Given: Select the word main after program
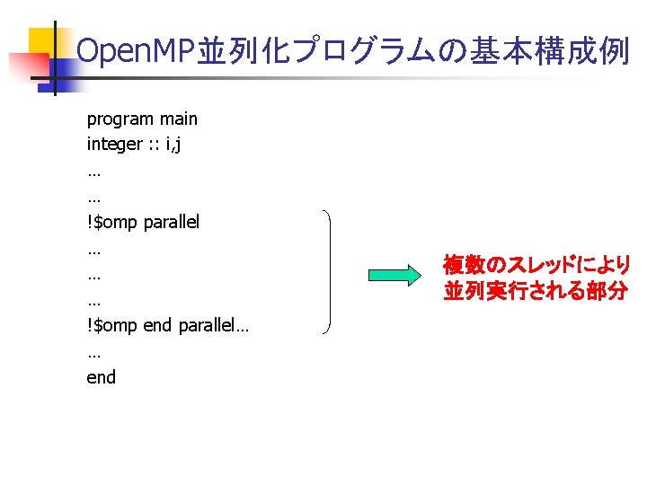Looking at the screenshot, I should (x=178, y=119).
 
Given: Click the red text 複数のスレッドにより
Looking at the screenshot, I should (x=536, y=265).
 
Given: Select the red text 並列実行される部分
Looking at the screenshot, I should (x=535, y=292).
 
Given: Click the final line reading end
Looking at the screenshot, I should (x=102, y=377).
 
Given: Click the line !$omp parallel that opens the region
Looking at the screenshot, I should (x=143, y=222).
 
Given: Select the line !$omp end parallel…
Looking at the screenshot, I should (x=168, y=325).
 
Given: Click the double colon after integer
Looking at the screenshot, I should (x=153, y=145).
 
